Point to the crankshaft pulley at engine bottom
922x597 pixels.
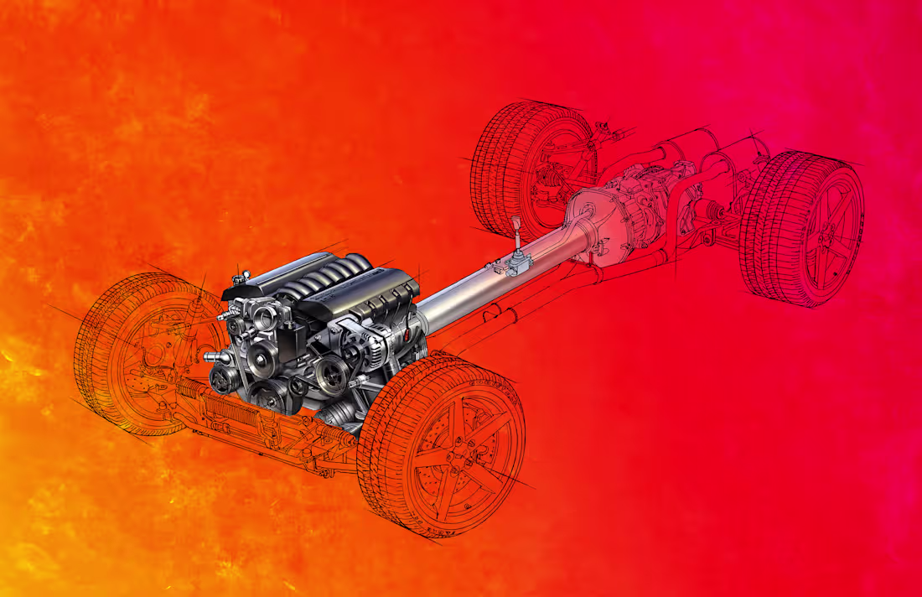coord(270,393)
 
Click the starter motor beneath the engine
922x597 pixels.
coord(339,412)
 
